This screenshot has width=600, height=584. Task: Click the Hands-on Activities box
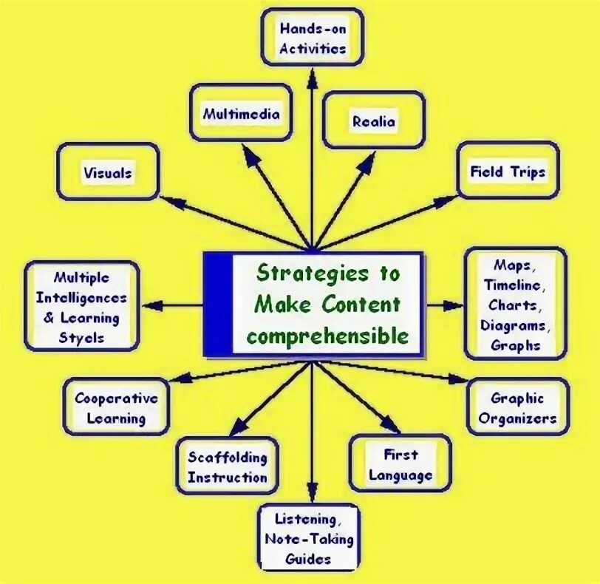tap(313, 38)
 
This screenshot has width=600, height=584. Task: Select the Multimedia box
tap(241, 114)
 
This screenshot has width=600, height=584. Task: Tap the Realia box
tap(374, 120)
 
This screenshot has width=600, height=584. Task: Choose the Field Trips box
tap(508, 172)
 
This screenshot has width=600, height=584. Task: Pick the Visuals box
tap(108, 172)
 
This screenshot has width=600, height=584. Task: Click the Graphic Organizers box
tap(517, 409)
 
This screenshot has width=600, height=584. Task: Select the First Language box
tap(400, 464)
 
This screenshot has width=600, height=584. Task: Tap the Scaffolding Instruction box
tap(227, 467)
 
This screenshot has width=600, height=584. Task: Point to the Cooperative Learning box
tap(116, 408)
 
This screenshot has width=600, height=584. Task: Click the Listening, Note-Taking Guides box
tap(309, 538)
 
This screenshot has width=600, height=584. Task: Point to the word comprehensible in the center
tap(328, 336)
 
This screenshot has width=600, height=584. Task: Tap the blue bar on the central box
tap(217, 304)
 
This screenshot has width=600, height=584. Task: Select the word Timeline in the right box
tap(515, 285)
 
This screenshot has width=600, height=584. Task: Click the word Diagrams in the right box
tap(515, 325)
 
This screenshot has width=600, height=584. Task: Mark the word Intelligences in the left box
tap(81, 299)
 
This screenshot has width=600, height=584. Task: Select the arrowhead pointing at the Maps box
tap(455, 305)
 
